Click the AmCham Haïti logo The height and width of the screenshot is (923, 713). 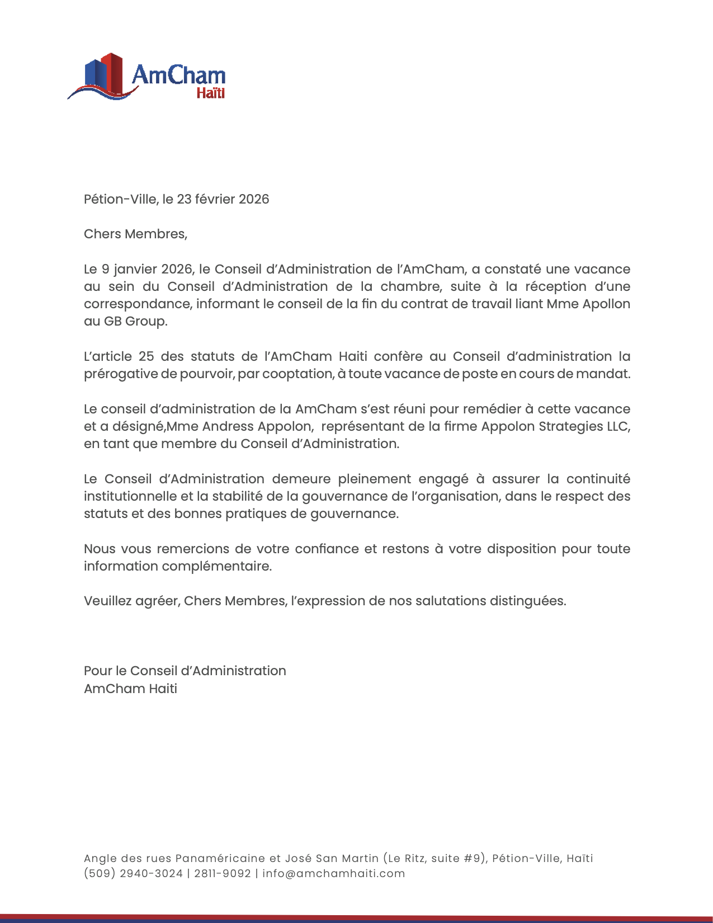tap(147, 77)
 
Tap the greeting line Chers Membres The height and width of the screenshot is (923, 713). tap(135, 234)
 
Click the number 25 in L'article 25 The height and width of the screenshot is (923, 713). tap(146, 356)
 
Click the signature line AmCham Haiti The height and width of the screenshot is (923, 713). tap(130, 689)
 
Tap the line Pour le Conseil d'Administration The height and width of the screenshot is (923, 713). tap(185, 671)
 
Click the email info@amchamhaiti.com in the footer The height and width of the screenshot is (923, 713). tap(333, 873)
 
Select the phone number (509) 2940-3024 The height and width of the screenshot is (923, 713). tap(133, 873)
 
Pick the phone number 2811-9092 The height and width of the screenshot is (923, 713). tap(223, 873)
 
